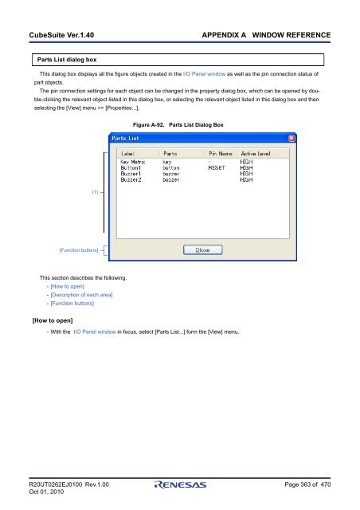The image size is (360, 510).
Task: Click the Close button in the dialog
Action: [x=202, y=249]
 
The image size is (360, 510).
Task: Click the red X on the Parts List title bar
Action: [x=292, y=139]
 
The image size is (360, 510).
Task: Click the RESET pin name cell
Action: [x=217, y=168]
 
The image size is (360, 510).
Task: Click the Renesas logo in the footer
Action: [x=180, y=484]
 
